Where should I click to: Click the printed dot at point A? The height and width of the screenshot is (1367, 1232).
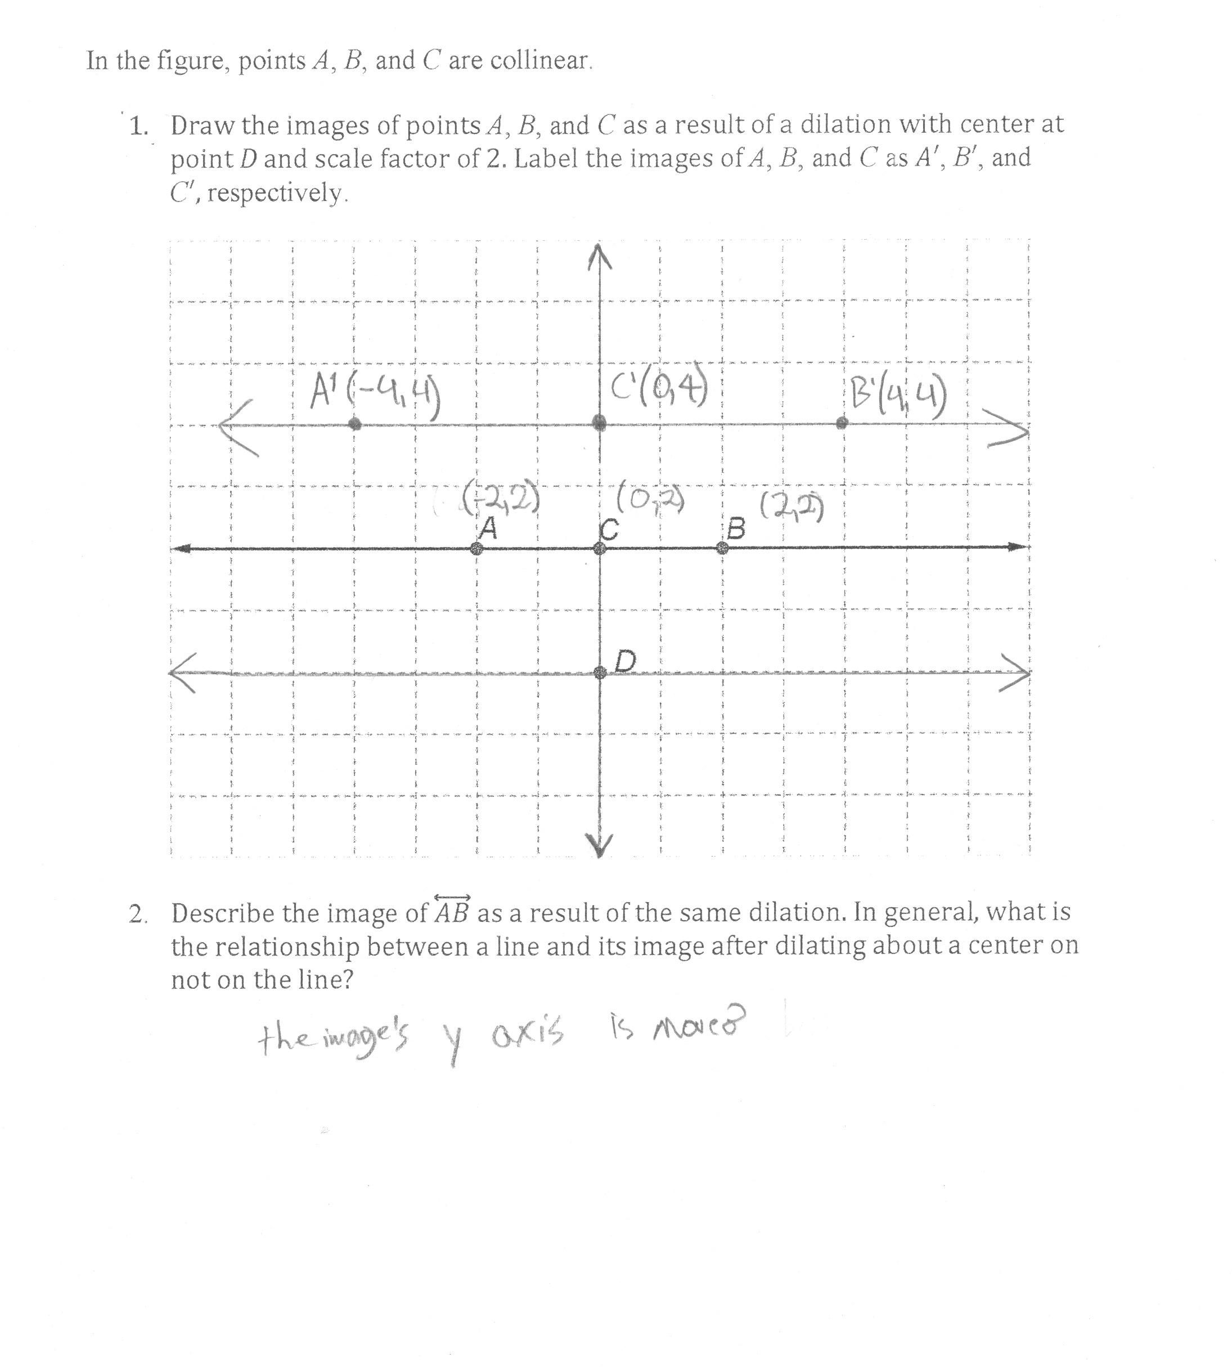point(477,548)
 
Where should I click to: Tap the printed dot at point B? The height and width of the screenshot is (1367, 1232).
point(723,548)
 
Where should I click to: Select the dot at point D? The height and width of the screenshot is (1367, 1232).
point(600,673)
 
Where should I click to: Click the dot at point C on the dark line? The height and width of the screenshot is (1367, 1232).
point(600,548)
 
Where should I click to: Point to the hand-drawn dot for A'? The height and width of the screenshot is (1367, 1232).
point(355,424)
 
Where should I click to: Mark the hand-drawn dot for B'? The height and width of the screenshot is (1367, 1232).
point(842,423)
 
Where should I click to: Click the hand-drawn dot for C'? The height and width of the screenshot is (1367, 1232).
point(600,424)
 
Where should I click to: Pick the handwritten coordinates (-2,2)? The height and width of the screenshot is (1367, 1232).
point(501,497)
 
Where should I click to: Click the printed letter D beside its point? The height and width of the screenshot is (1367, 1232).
point(626,661)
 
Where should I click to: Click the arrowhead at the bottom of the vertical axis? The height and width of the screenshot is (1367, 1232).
point(599,845)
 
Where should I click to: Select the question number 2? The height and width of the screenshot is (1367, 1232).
point(137,915)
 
